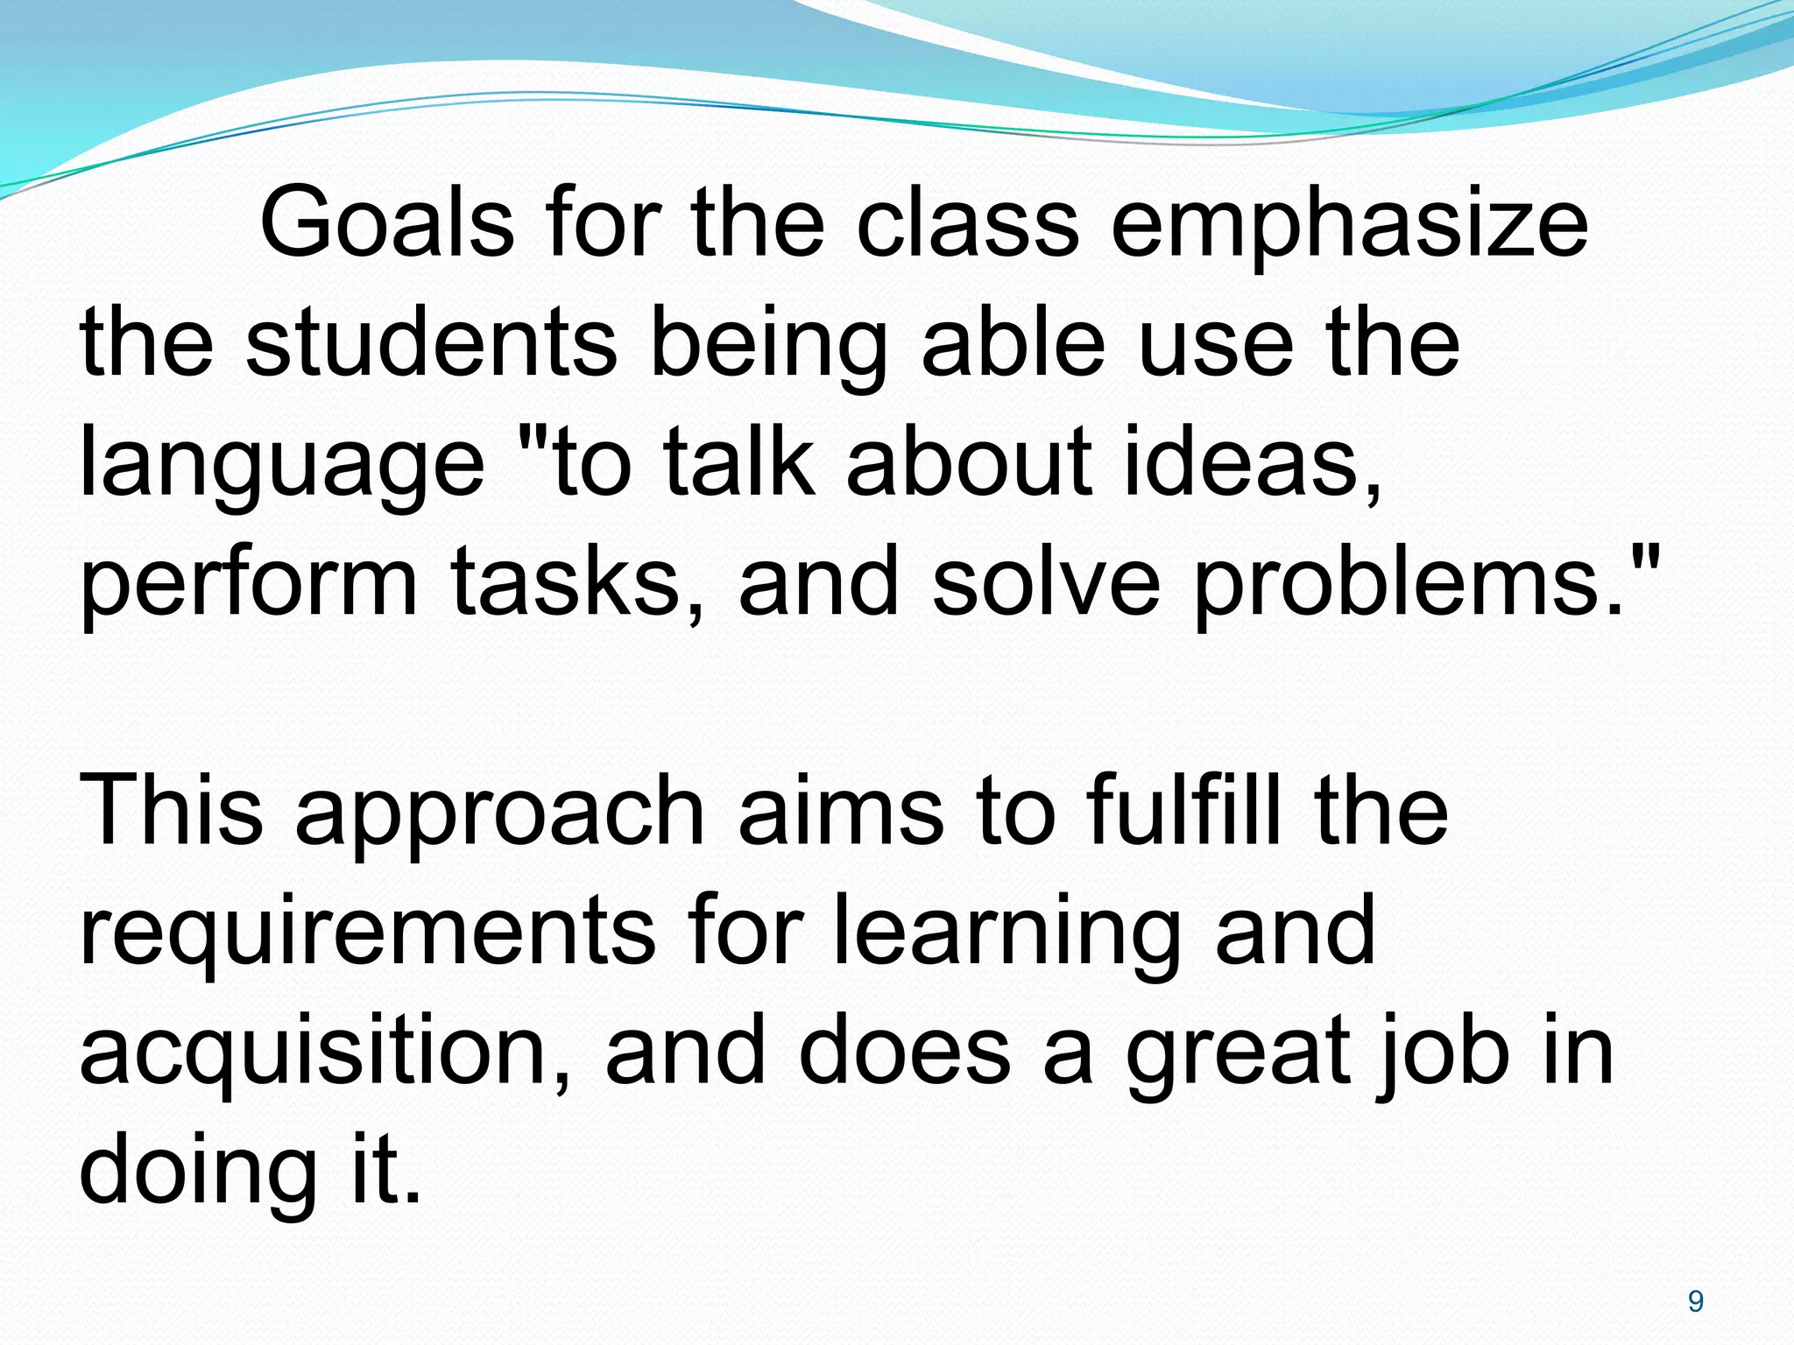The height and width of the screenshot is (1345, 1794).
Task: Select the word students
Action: click(431, 343)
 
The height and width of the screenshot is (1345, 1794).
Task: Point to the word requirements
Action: click(367, 933)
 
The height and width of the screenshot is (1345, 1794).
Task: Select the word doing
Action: click(197, 1173)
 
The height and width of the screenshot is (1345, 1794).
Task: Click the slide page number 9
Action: click(1695, 1302)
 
